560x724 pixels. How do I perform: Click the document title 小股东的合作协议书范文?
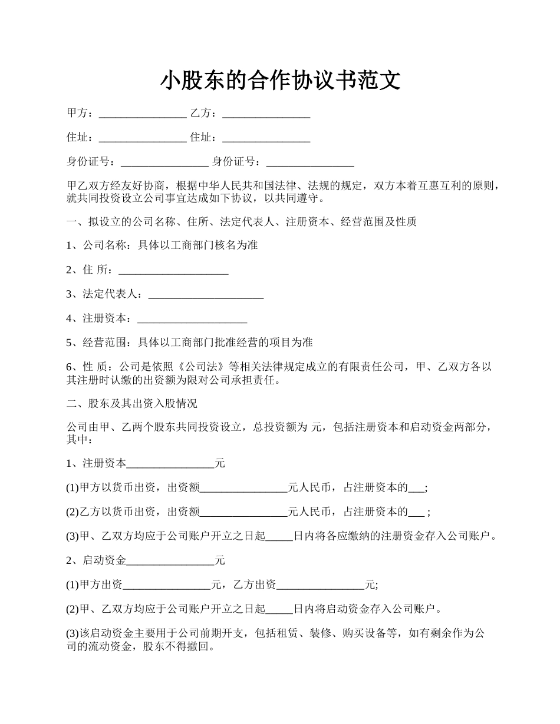click(x=280, y=80)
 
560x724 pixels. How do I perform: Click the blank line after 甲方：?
click(x=143, y=114)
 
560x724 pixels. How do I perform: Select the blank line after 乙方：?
click(x=266, y=114)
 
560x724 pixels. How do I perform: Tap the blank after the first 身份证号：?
click(x=164, y=162)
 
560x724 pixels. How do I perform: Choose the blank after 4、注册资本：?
click(x=192, y=319)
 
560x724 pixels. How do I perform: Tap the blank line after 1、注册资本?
click(x=171, y=464)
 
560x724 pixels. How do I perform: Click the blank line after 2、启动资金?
click(x=171, y=561)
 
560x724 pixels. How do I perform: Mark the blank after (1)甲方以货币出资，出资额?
click(x=243, y=488)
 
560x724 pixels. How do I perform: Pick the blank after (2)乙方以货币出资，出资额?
click(x=243, y=512)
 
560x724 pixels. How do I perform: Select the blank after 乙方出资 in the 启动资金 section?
click(x=321, y=585)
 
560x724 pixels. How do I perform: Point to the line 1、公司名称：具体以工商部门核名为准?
click(x=162, y=245)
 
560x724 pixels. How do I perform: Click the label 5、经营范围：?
click(x=101, y=343)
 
